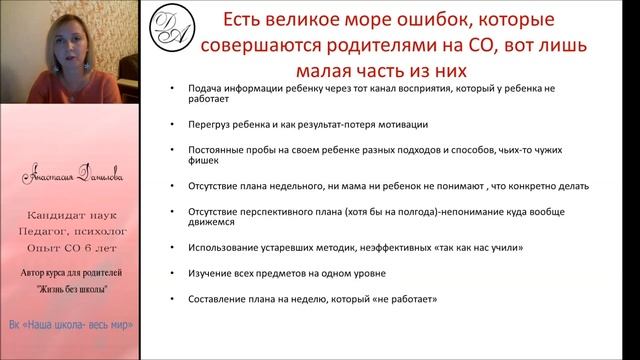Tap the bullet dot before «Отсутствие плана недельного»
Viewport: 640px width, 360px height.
173,186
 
